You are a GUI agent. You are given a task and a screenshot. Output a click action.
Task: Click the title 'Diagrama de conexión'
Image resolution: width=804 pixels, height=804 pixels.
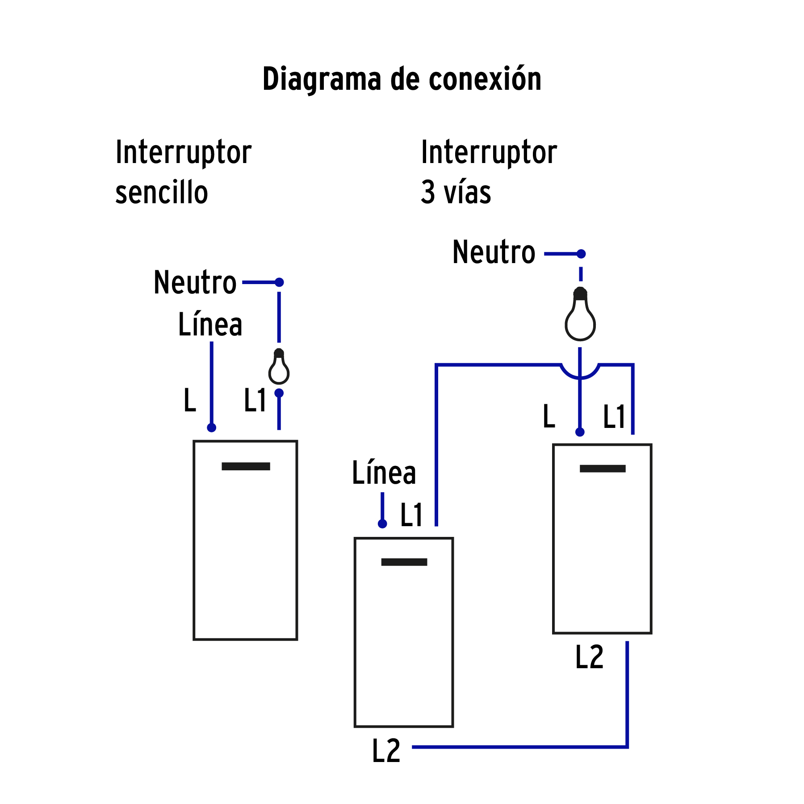(402, 79)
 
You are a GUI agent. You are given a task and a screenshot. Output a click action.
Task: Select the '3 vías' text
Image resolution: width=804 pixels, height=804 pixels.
(456, 193)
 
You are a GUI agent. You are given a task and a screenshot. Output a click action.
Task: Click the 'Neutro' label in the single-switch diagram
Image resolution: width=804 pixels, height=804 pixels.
(195, 282)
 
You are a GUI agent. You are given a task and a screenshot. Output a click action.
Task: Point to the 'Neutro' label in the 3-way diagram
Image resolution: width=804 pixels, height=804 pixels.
(494, 252)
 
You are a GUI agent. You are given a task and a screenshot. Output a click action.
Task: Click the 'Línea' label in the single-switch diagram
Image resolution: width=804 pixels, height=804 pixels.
(210, 324)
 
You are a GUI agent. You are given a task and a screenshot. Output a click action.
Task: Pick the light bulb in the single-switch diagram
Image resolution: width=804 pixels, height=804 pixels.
(279, 367)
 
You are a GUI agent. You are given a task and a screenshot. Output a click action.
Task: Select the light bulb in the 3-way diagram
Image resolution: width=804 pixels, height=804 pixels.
(580, 315)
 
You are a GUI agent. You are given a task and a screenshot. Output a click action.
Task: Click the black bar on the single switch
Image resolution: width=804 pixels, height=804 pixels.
(246, 466)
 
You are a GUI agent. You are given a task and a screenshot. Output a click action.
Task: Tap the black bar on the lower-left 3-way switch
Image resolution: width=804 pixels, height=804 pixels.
(404, 562)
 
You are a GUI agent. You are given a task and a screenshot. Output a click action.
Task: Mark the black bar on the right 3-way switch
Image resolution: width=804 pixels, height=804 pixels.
(603, 469)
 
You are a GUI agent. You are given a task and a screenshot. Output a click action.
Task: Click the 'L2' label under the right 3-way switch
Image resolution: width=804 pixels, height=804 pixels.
(590, 657)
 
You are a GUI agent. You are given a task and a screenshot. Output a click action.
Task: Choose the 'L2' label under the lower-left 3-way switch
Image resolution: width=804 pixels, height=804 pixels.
(386, 751)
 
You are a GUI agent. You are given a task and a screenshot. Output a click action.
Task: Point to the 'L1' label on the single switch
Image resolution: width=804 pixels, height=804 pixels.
(255, 400)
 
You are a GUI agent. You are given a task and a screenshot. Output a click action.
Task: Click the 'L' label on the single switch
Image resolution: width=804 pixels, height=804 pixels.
(190, 400)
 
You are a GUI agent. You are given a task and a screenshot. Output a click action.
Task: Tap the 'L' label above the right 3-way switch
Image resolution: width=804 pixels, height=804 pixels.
(549, 417)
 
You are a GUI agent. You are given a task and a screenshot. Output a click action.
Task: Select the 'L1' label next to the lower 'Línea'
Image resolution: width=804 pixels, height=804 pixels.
(411, 515)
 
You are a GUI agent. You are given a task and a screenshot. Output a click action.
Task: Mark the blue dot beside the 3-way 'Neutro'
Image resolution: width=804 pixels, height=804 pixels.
(581, 254)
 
